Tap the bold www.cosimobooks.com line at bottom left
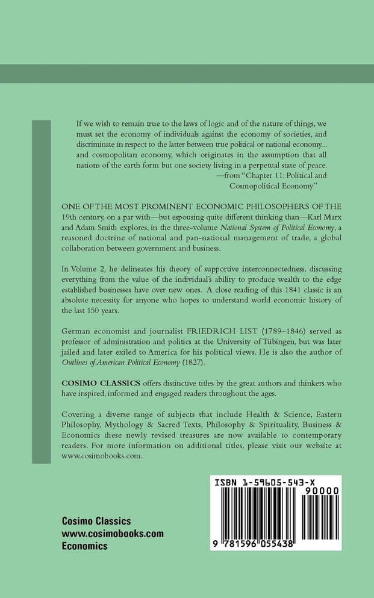pos(113,534)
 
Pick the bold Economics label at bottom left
pos(84,546)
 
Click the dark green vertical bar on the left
pos(41,283)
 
